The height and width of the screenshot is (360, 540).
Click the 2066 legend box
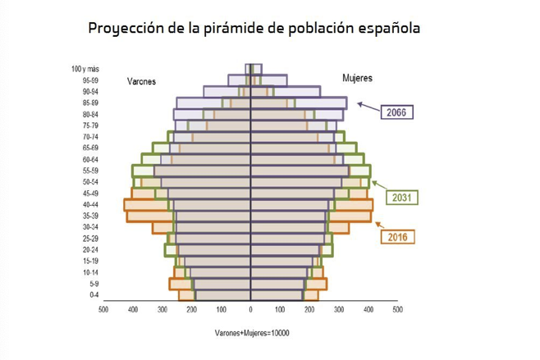pyautogui.click(x=399, y=112)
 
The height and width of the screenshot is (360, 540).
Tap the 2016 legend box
pyautogui.click(x=399, y=237)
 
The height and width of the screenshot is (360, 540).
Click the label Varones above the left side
pyautogui.click(x=141, y=81)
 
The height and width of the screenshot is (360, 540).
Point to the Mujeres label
pyautogui.click(x=357, y=78)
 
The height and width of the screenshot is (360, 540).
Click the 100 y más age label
pyautogui.click(x=85, y=69)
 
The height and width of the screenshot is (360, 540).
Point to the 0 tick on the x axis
pyautogui.click(x=250, y=311)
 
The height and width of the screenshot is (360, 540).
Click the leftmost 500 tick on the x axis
pyautogui.click(x=103, y=311)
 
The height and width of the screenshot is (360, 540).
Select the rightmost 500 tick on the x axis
pyautogui.click(x=397, y=311)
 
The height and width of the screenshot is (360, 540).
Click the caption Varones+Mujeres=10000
pyautogui.click(x=252, y=334)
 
